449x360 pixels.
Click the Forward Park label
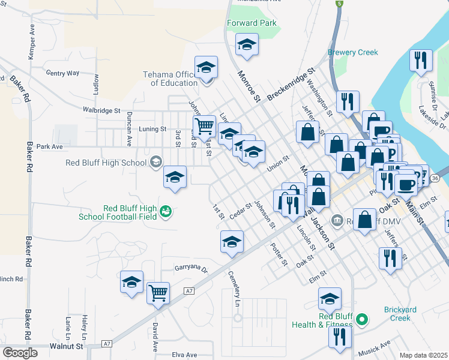pyautogui.click(x=252, y=23)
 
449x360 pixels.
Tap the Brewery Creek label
pyautogui.click(x=353, y=52)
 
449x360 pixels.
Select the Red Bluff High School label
pyautogui.click(x=106, y=163)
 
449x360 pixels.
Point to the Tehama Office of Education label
pyautogui.click(x=170, y=79)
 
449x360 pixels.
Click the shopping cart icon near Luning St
pyautogui.click(x=205, y=127)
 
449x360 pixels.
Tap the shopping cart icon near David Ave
pyautogui.click(x=158, y=293)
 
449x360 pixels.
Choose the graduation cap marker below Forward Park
pyautogui.click(x=246, y=46)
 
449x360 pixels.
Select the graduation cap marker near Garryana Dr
pyautogui.click(x=132, y=283)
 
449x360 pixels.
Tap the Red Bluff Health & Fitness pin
pyautogui.click(x=361, y=319)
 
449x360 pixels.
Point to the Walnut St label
pyautogui.click(x=66, y=346)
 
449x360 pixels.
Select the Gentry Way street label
pyautogui.click(x=62, y=73)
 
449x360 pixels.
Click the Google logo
pyautogui.click(x=20, y=353)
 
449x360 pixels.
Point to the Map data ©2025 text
pyautogui.click(x=424, y=355)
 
